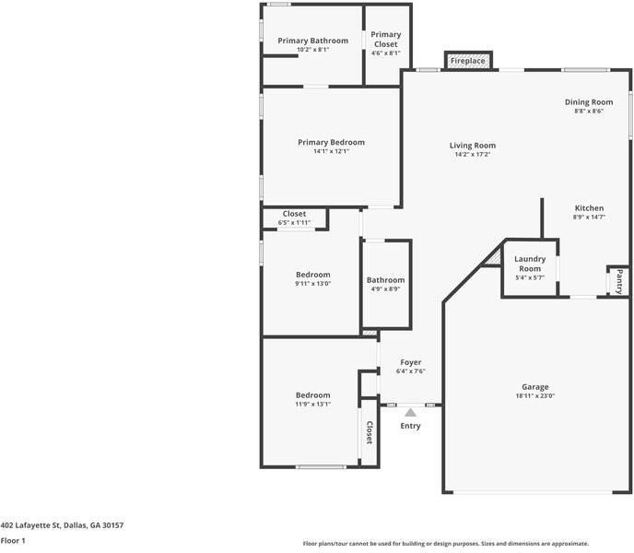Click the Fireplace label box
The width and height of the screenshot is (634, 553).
pos(467,61)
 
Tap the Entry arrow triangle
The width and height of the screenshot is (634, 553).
pos(410,412)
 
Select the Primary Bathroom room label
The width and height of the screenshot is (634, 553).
pos(312,41)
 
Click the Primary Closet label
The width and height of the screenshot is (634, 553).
pos(385,39)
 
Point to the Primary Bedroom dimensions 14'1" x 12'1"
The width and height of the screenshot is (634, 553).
pos(331,151)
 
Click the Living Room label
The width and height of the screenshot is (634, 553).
pos(473,146)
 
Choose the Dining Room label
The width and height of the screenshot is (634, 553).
pos(589,102)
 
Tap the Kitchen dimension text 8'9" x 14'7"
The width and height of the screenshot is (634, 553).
pos(589,217)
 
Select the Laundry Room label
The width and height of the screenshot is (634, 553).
pos(530,264)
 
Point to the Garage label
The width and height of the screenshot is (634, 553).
pos(534,387)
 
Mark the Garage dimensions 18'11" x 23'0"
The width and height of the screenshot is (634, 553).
pos(534,396)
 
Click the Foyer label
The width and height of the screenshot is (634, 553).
pos(410,362)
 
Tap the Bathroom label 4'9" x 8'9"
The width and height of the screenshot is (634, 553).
pos(385,280)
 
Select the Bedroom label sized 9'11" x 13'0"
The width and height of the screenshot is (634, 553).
pos(312,275)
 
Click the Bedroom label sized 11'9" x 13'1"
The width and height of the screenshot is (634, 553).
pos(312,395)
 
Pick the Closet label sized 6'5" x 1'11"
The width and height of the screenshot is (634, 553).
pos(294,214)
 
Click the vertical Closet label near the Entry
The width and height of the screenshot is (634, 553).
pos(369,432)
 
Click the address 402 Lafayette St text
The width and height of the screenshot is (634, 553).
pos(62,524)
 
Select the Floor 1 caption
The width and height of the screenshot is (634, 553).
pos(13,540)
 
